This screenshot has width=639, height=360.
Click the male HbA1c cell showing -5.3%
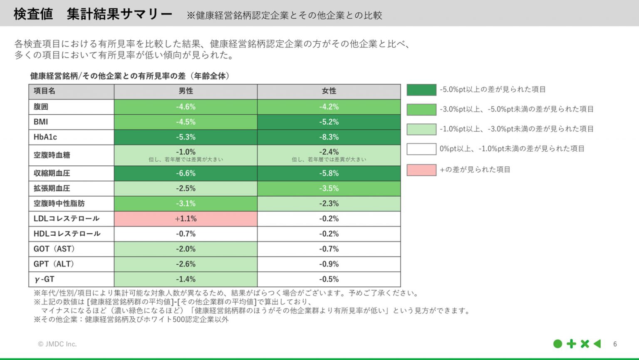click(186, 137)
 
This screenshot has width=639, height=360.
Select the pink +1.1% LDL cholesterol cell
click(186, 219)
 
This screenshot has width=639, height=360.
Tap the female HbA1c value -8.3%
click(329, 137)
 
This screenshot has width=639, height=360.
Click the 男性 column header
click(186, 91)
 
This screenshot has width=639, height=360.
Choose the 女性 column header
click(329, 91)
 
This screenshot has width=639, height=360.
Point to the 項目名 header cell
click(45, 91)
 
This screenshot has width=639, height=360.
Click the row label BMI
click(41, 122)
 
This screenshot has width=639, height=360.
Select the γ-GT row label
click(44, 279)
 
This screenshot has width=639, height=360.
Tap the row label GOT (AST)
click(54, 249)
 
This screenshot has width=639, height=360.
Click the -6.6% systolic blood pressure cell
click(186, 173)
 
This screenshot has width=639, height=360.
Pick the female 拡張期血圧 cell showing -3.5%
click(329, 188)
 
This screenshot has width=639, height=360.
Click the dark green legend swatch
click(421, 90)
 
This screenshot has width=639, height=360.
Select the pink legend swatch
click(421, 170)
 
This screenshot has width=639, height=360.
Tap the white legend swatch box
click(421, 149)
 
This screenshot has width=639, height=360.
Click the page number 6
click(615, 344)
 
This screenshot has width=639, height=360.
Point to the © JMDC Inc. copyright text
click(57, 344)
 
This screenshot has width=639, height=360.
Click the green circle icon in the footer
click(558, 344)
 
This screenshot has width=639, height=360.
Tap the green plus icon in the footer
click(572, 344)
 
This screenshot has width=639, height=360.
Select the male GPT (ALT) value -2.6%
click(186, 264)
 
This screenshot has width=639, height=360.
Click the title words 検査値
click(33, 14)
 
